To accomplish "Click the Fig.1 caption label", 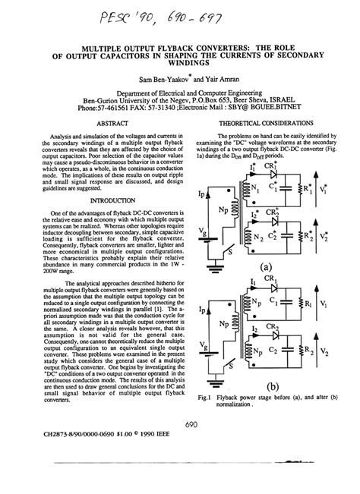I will point(205,396).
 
